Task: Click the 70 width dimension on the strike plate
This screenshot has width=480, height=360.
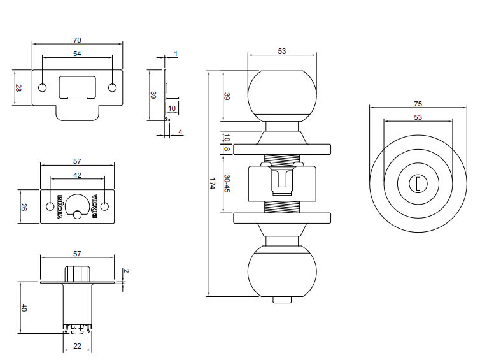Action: pyautogui.click(x=78, y=40)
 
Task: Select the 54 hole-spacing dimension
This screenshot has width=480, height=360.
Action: pyautogui.click(x=78, y=54)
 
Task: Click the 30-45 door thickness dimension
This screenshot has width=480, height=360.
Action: pyautogui.click(x=227, y=184)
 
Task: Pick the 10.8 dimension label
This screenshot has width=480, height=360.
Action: pyautogui.click(x=227, y=141)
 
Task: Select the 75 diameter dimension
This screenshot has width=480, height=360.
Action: pyautogui.click(x=418, y=104)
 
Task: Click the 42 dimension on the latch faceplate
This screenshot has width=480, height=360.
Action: pyautogui.click(x=78, y=175)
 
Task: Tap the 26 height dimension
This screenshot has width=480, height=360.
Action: pyautogui.click(x=24, y=206)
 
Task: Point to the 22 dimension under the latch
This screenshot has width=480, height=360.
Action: pyautogui.click(x=78, y=345)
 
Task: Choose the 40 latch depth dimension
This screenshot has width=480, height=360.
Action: pyautogui.click(x=24, y=308)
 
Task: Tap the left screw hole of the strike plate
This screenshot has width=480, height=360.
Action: pyautogui.click(x=43, y=87)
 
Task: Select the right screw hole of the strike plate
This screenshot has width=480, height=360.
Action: pyautogui.click(x=113, y=87)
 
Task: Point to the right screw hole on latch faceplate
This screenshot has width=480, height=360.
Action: pyautogui.click(x=105, y=206)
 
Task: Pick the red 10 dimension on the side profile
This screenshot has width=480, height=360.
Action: pyautogui.click(x=171, y=108)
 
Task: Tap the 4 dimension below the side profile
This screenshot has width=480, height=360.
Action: pyautogui.click(x=180, y=132)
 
